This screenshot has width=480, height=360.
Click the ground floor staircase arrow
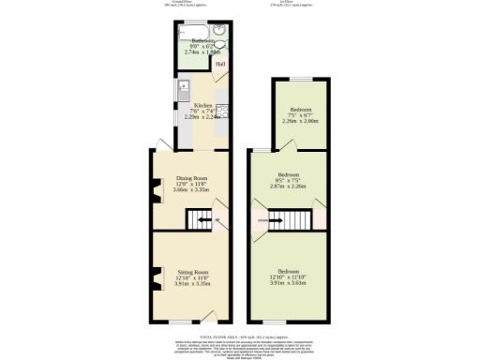[x=217, y=222]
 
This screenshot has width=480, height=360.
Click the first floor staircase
[x=289, y=221]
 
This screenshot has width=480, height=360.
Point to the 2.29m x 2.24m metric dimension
[x=202, y=117]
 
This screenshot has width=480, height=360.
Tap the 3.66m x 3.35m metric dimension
[x=191, y=190]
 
